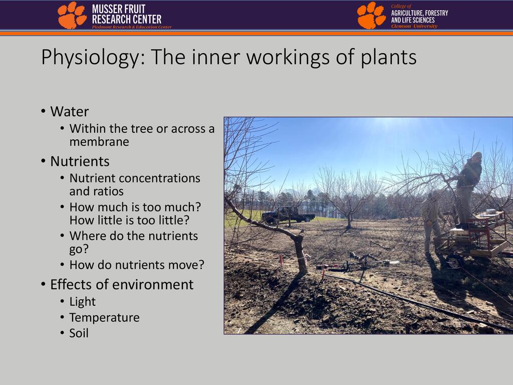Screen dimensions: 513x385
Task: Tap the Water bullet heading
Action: [x=69, y=112]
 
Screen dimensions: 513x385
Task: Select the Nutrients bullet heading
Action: [x=80, y=161]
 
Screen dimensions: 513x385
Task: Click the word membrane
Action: [x=99, y=142]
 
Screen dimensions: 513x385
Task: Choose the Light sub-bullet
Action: [x=83, y=302]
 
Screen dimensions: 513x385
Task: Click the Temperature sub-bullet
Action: [x=104, y=318]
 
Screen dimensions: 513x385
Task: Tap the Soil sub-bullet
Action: [x=79, y=333]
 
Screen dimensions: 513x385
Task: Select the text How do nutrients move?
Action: [x=137, y=265]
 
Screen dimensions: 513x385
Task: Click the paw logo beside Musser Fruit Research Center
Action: [x=72, y=15]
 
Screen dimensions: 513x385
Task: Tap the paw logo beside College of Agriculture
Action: [x=371, y=16]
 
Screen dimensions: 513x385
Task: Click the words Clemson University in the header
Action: [x=414, y=26]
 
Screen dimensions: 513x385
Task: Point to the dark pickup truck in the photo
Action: [x=288, y=215]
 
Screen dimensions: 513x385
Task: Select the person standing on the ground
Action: [x=431, y=223]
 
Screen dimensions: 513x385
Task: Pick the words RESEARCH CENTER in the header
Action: [x=127, y=20]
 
